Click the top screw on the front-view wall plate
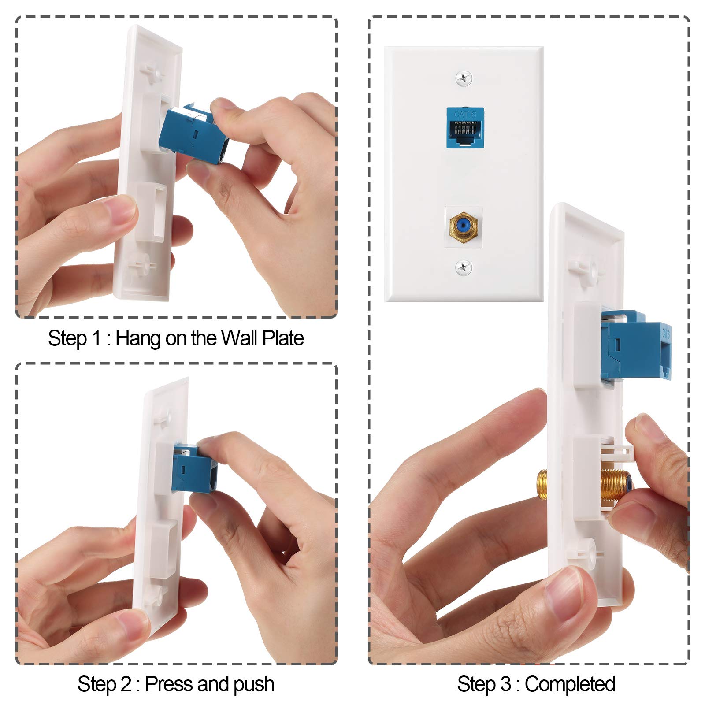pyautogui.click(x=464, y=78)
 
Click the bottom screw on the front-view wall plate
pyautogui.click(x=464, y=267)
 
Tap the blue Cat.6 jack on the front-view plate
pyautogui.click(x=465, y=128)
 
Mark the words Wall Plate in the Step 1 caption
pyautogui.click(x=262, y=338)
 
